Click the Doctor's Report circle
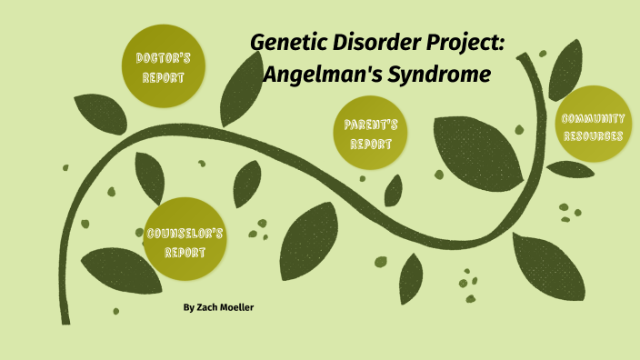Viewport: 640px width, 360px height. pos(163,65)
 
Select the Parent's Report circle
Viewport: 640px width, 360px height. pos(369,133)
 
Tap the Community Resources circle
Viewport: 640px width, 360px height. pos(592,126)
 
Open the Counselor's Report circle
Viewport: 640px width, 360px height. pos(185,241)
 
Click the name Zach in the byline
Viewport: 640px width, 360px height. pos(208,308)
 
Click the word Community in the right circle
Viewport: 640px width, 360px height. pos(592,118)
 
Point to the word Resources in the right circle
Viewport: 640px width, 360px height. pos(592,136)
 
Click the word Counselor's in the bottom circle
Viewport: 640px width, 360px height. pos(185,233)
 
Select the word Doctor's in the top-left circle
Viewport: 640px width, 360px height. pos(163,57)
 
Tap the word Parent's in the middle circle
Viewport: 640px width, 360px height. pos(369,125)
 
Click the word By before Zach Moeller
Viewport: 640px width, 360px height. pos(188,308)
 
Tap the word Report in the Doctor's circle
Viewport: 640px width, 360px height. pos(163,76)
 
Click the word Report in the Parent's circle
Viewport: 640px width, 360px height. pos(369,144)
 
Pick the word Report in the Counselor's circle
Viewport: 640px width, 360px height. pos(185,252)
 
